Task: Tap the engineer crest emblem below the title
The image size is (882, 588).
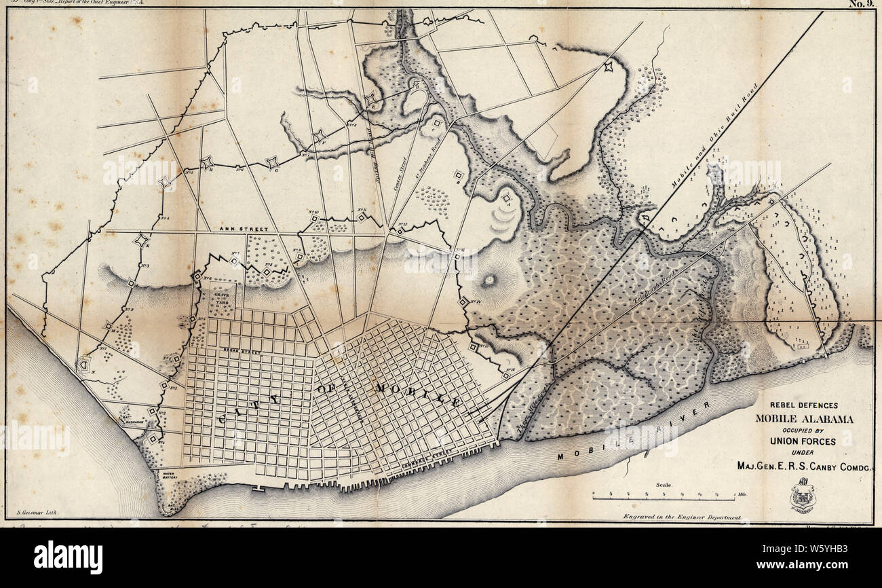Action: point(802,496)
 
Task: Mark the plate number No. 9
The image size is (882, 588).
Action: point(863,3)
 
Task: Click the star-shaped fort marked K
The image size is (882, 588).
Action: point(141,240)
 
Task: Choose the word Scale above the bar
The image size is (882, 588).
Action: point(664,485)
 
